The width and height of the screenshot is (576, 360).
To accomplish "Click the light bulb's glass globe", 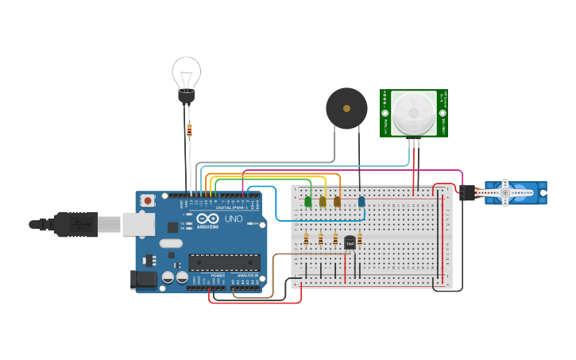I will (186, 73).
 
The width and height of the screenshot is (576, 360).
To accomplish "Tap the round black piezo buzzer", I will (346, 108).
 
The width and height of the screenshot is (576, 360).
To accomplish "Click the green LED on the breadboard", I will (307, 202).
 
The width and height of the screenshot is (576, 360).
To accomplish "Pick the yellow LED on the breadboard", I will (323, 202).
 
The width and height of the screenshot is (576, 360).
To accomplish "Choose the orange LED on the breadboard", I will (337, 202).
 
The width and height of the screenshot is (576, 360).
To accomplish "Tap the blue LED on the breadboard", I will (361, 202).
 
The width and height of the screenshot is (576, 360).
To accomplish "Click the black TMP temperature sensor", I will (350, 242).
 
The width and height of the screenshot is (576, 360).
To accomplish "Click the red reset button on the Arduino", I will (148, 202).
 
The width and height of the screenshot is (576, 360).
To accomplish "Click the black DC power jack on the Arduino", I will (141, 278).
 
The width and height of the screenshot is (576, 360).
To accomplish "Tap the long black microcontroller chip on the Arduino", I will (224, 262).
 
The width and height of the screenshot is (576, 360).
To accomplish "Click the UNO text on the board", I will (234, 219).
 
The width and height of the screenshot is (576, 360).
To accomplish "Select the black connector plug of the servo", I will (467, 192).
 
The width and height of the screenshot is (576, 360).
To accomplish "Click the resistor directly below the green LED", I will (307, 239).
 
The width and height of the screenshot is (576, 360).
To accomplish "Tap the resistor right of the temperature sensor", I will (359, 238).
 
